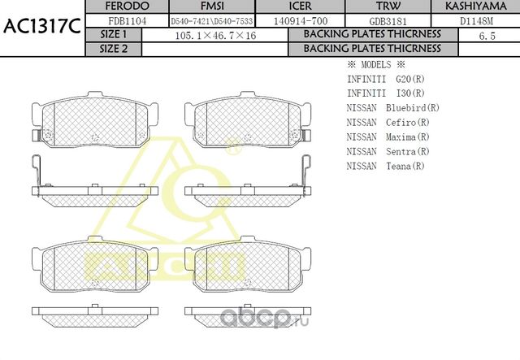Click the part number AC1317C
pyautogui.click(x=41, y=26)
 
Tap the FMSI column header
pyautogui.click(x=207, y=7)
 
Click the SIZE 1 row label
pyautogui.click(x=114, y=35)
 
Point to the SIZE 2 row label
pyautogui.click(x=114, y=49)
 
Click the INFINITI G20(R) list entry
pyautogui.click(x=385, y=79)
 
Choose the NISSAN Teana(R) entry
pyautogui.click(x=386, y=167)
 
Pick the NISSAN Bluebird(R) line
pyautogui.click(x=393, y=108)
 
